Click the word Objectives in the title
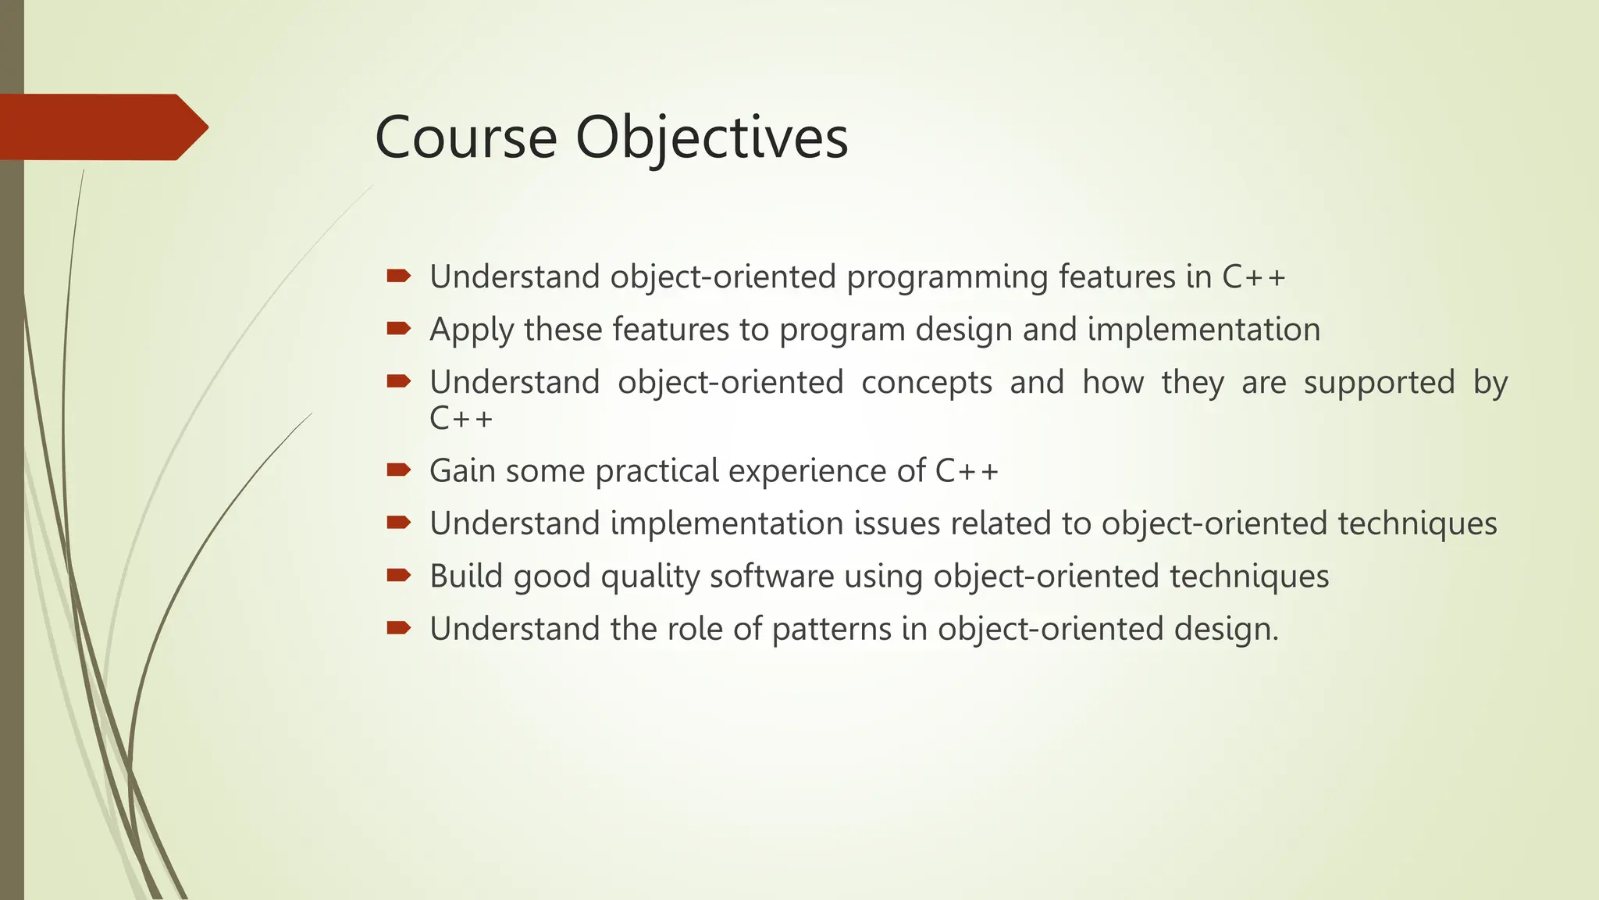711,139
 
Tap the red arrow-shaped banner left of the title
101,127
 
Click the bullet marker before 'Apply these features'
398,328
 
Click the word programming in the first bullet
946,278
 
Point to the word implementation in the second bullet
1203,330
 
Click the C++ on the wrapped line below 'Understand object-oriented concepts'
461,418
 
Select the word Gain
461,471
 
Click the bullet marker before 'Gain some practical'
398,470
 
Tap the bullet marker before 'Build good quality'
398,575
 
